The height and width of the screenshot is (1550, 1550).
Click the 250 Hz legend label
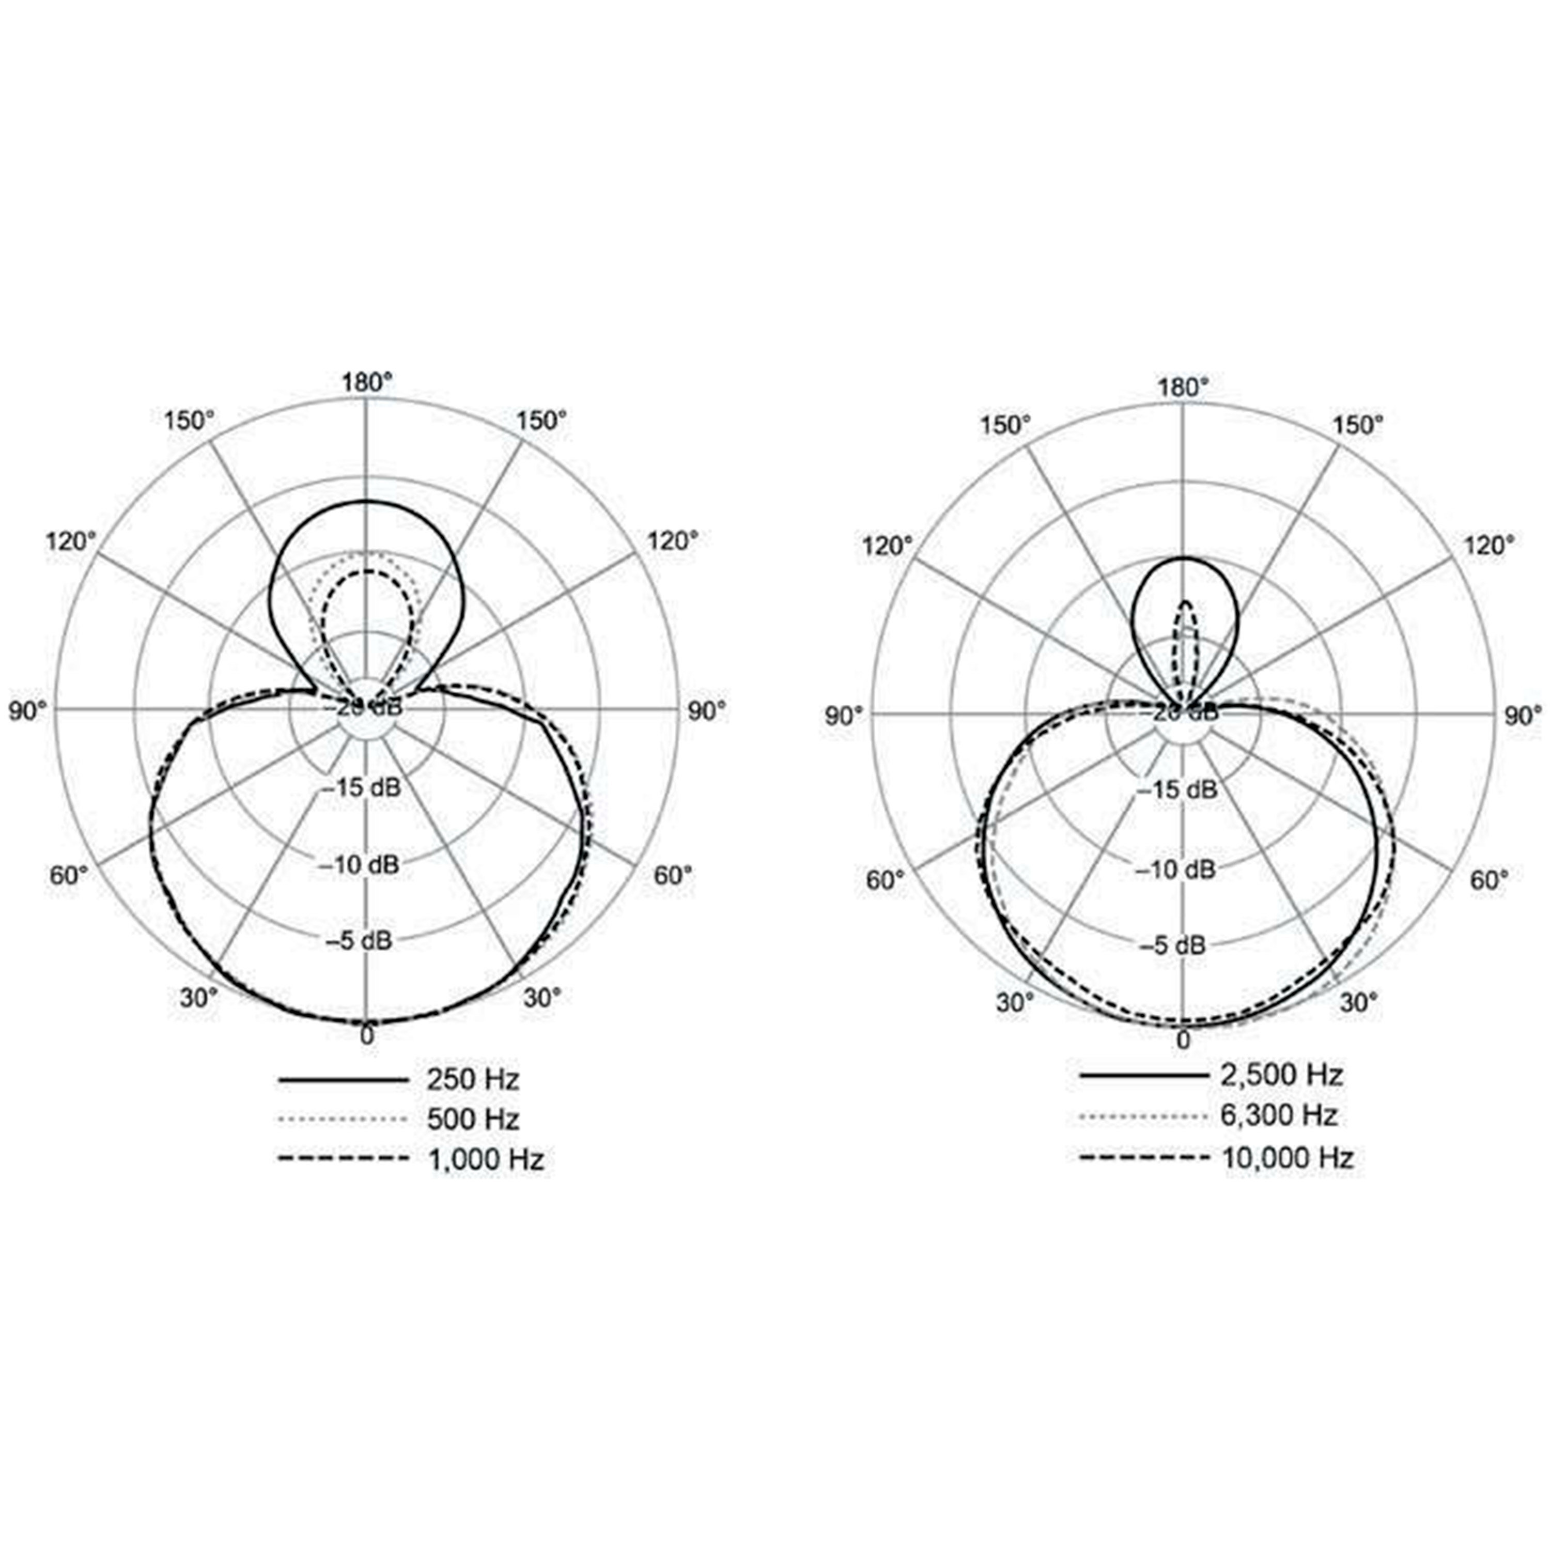[x=473, y=1079]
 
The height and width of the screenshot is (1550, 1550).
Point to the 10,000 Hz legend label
[x=1288, y=1158]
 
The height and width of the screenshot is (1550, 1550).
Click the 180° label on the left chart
[x=367, y=383]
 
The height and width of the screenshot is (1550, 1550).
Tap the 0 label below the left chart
[x=367, y=1036]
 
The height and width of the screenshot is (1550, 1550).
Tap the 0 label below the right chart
[x=1183, y=1041]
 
